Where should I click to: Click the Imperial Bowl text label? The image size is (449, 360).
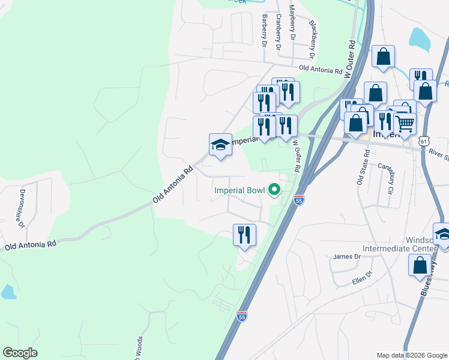click(240, 191)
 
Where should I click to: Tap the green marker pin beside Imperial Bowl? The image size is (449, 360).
click(274, 191)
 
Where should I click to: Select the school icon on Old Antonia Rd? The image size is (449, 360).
click(221, 145)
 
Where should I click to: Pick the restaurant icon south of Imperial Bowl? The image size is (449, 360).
click(244, 235)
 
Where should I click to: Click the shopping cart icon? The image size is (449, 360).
click(406, 124)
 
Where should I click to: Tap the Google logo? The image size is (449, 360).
click(20, 353)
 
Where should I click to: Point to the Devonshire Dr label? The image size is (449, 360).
click(22, 209)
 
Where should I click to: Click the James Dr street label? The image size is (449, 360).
click(346, 257)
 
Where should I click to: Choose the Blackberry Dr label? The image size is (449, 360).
click(313, 35)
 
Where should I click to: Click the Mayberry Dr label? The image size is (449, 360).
click(292, 23)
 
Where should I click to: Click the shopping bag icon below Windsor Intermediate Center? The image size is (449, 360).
click(419, 265)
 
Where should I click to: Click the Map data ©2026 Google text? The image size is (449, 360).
click(411, 355)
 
